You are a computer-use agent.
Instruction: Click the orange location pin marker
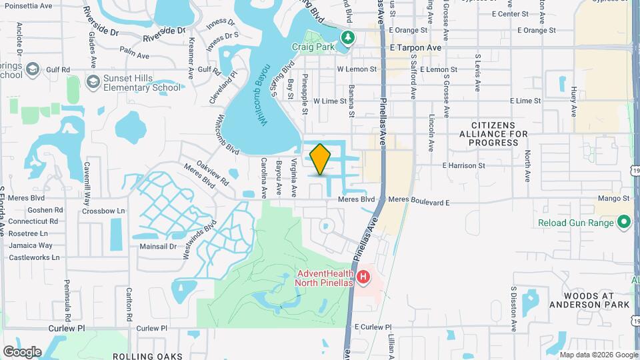(320, 159)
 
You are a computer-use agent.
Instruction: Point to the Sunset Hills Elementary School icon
(93, 81)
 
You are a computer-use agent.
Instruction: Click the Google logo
(23, 351)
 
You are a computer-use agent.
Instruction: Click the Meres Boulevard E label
(419, 199)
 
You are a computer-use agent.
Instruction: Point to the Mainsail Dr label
(157, 246)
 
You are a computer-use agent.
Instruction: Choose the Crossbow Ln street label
(103, 211)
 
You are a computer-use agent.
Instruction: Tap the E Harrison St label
(463, 165)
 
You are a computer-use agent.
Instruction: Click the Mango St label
(613, 198)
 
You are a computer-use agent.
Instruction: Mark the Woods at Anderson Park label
(589, 300)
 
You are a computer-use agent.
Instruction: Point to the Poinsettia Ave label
(27, 5)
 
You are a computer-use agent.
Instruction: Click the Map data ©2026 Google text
(597, 355)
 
